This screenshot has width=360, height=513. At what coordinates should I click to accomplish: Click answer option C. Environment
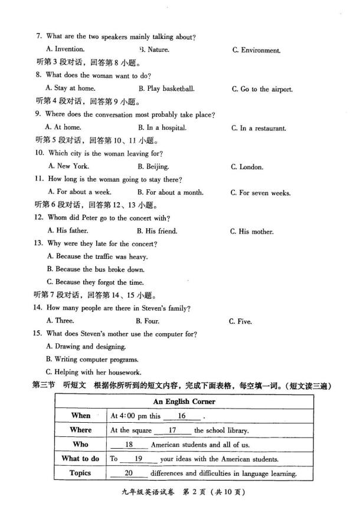(256, 51)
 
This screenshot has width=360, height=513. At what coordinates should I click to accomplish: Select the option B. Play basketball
(166, 88)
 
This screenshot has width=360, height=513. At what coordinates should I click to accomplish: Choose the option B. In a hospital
(162, 127)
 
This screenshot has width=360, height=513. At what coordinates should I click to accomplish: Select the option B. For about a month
(170, 192)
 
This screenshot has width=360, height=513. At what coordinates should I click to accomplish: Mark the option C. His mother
(251, 232)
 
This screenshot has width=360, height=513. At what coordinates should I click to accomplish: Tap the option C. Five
(240, 321)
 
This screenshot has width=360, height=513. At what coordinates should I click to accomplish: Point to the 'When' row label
(81, 416)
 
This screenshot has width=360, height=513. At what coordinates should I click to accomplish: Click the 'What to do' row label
(81, 459)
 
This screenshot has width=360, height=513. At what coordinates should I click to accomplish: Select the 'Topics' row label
(81, 473)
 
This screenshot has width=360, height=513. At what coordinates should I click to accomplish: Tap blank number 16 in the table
(181, 416)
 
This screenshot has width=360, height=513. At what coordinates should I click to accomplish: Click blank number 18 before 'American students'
(129, 445)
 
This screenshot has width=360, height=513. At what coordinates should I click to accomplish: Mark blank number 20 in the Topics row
(129, 473)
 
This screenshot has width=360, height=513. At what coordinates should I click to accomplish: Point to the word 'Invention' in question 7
(68, 50)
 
